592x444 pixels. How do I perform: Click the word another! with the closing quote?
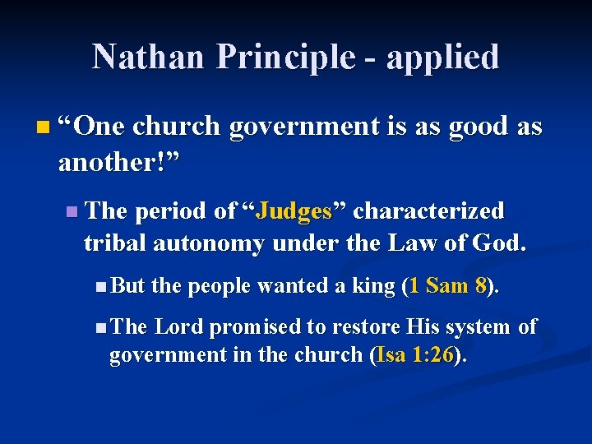118,162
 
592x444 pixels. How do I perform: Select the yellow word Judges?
294,211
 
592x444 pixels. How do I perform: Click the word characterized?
428,211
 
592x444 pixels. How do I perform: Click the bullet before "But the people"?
99,286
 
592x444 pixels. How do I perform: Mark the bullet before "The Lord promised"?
99,327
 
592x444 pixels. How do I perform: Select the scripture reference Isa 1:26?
417,355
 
